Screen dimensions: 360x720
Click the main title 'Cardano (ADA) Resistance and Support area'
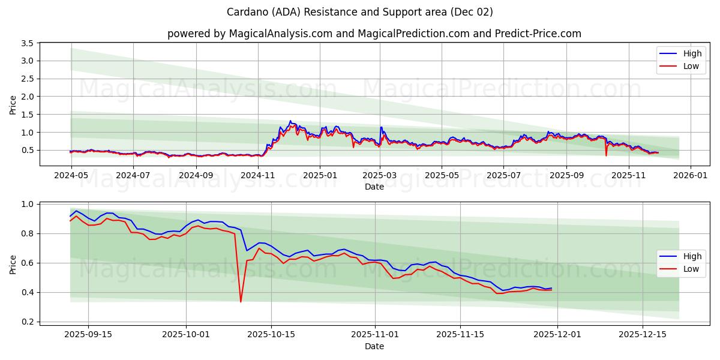pyautogui.click(x=360, y=12)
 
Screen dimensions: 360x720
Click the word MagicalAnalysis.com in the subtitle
pyautogui.click(x=281, y=34)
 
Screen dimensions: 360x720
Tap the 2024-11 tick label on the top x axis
pyautogui.click(x=258, y=176)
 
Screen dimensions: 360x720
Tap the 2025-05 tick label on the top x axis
pyautogui.click(x=442, y=176)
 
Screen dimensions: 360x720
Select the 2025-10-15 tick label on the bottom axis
pyautogui.click(x=271, y=334)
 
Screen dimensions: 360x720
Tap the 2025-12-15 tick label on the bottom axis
pyautogui.click(x=643, y=334)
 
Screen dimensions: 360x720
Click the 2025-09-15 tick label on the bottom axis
pyautogui.click(x=88, y=334)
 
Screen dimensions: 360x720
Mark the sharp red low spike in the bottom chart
pyautogui.click(x=241, y=301)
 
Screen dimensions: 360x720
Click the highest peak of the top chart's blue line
pyautogui.click(x=290, y=121)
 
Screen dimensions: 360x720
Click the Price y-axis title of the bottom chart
pyautogui.click(x=13, y=264)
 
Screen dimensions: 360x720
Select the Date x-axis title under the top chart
pyautogui.click(x=374, y=187)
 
